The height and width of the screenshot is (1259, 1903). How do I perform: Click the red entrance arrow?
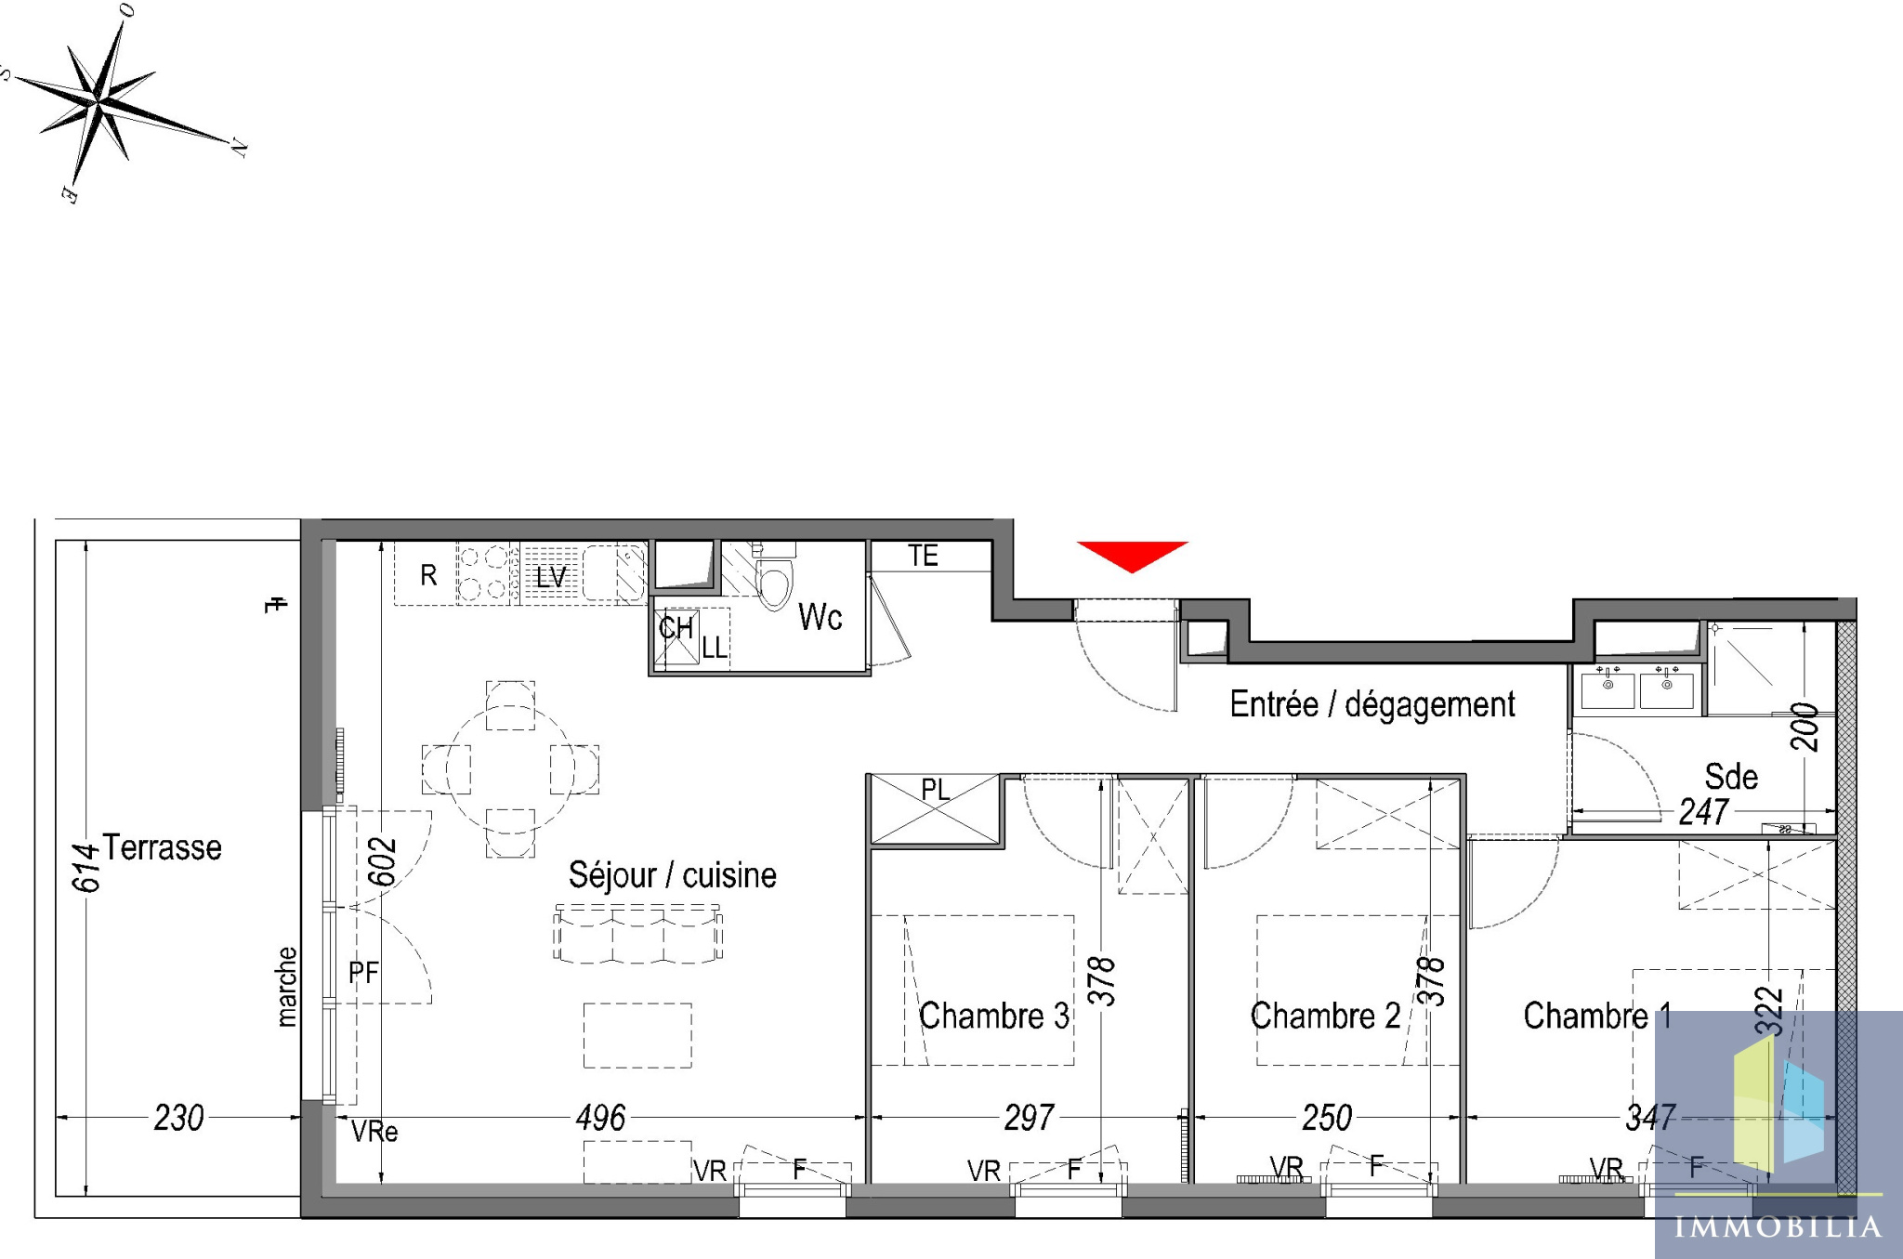[x=1132, y=556]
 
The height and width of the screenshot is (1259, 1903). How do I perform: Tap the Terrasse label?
[x=162, y=847]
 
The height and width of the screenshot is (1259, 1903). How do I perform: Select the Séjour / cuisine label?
[x=672, y=875]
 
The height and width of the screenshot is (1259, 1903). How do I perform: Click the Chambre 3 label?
[x=993, y=1016]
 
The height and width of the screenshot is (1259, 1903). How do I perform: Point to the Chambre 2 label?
[x=1325, y=1016]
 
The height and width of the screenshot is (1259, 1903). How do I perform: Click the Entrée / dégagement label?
[x=1372, y=704]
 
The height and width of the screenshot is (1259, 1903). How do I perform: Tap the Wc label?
[x=820, y=617]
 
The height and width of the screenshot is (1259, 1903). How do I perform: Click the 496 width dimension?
[x=600, y=1118]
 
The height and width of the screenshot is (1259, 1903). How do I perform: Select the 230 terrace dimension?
[x=178, y=1118]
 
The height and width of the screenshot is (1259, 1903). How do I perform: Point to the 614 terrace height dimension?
[x=85, y=868]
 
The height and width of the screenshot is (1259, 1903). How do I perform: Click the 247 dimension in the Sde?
[x=1703, y=812]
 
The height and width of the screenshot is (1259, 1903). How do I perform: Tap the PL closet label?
[x=936, y=790]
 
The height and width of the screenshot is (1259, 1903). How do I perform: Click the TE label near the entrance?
[x=923, y=556]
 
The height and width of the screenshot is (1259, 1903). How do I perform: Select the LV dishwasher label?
[x=551, y=577]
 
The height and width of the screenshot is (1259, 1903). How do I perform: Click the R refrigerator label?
[x=428, y=575]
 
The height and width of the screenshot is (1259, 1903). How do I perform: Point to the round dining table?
[x=510, y=769]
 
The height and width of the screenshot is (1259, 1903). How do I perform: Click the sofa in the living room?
[x=637, y=933]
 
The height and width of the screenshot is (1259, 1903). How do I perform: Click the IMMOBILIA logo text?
[x=1778, y=1226]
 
